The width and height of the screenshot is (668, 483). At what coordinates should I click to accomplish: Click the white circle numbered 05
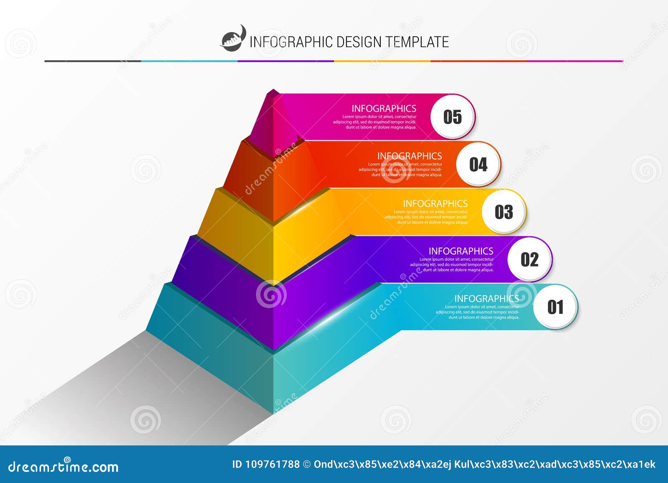coord(453,117)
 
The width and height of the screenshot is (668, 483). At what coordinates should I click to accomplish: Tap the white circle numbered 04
coord(478,164)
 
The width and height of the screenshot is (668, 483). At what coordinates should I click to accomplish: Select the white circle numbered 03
coord(504,212)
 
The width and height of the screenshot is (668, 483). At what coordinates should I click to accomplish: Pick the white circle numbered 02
coord(529,260)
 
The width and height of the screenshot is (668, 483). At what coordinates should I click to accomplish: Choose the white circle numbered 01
coord(555,307)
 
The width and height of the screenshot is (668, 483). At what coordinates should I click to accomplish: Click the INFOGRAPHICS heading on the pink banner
coord(384,109)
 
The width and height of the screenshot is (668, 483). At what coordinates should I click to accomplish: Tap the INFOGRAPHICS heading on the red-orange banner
coord(410,156)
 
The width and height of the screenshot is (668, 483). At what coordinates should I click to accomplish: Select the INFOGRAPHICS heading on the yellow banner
coord(435,204)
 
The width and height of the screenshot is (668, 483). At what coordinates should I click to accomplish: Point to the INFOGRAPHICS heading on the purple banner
coord(461,251)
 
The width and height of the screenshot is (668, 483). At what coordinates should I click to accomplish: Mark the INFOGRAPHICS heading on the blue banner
coord(486,299)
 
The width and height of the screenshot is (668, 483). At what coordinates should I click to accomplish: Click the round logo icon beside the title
coord(233,39)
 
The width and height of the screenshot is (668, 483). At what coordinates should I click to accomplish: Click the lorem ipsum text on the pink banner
coord(375,122)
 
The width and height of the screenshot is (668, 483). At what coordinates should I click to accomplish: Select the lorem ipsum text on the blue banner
coord(478,312)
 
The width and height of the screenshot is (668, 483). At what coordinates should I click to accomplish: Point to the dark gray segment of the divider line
coord(93,61)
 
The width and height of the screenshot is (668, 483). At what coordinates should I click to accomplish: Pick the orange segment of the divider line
coord(382,61)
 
